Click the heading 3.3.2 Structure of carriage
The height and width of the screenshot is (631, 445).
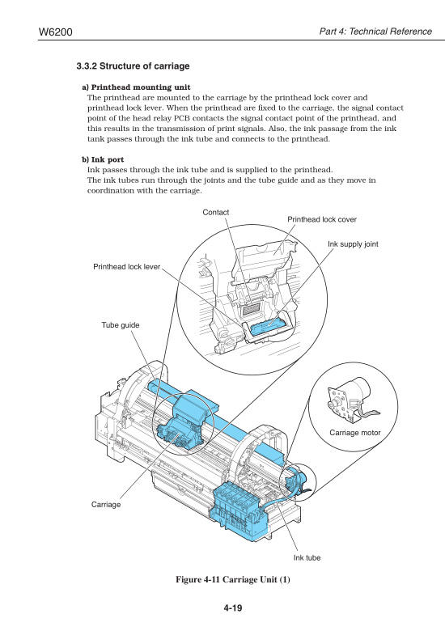[x=133, y=66]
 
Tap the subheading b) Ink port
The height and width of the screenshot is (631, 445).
[x=103, y=159]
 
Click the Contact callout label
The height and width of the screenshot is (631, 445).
[x=216, y=213]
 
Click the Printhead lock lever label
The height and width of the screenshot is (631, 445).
[x=127, y=265]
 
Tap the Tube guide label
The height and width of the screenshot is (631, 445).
[x=120, y=324]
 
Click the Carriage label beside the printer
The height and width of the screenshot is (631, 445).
[x=106, y=504]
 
